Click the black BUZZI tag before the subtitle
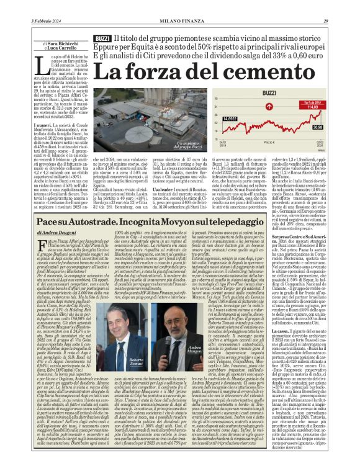coord(104,38)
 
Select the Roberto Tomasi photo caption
coord(136,361)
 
